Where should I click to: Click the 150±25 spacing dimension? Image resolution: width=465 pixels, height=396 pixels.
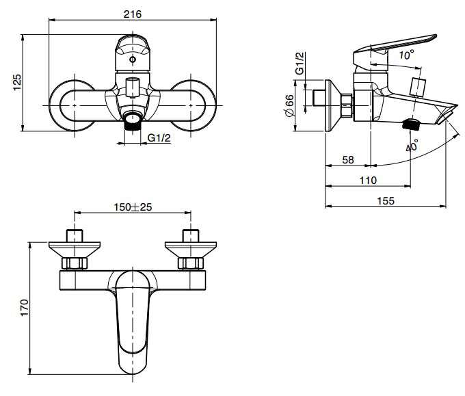coord(132,207)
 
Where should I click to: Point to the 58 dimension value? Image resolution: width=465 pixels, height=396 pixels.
coord(348,159)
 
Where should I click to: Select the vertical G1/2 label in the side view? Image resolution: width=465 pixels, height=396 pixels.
coord(300,62)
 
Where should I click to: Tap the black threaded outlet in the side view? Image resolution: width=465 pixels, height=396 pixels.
coord(412,125)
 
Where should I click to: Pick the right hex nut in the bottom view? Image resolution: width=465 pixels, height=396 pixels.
coord(190,263)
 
